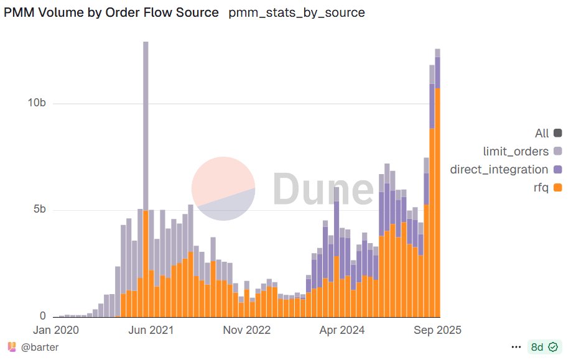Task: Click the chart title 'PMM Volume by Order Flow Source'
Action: click(x=111, y=12)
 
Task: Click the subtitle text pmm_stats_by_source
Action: click(x=297, y=12)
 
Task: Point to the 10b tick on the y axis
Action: click(x=37, y=103)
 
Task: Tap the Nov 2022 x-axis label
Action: click(x=247, y=330)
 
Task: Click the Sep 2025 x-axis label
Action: click(x=437, y=330)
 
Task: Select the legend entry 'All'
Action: click(x=542, y=133)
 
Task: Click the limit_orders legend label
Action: click(x=516, y=151)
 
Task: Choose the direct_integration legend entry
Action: click(x=499, y=169)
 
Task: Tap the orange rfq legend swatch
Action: click(x=557, y=187)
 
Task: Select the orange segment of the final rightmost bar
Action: click(x=438, y=205)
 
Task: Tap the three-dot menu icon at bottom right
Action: click(x=516, y=347)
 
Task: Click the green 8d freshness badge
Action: click(x=542, y=347)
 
